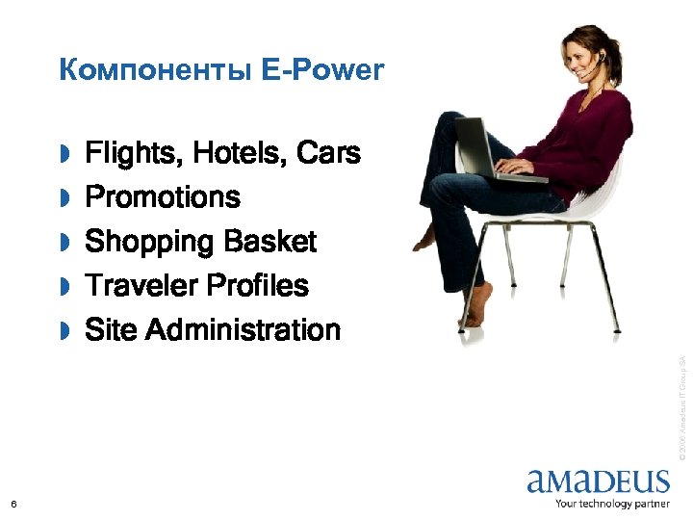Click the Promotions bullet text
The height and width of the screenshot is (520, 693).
[x=163, y=197]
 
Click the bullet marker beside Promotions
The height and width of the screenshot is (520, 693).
[x=64, y=198]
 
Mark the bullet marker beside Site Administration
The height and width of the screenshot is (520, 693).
[x=64, y=331]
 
